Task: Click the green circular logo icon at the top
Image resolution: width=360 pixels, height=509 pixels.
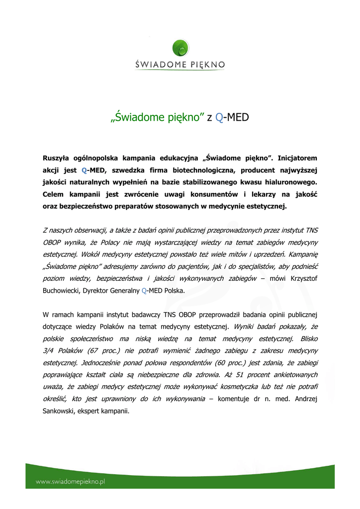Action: pos(180,48)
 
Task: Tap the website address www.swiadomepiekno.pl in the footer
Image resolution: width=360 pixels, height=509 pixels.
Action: pos(70,481)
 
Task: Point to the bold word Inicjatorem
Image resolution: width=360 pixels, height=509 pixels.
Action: pos(297,158)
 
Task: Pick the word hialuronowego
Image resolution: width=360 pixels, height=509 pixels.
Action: pos(288,182)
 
